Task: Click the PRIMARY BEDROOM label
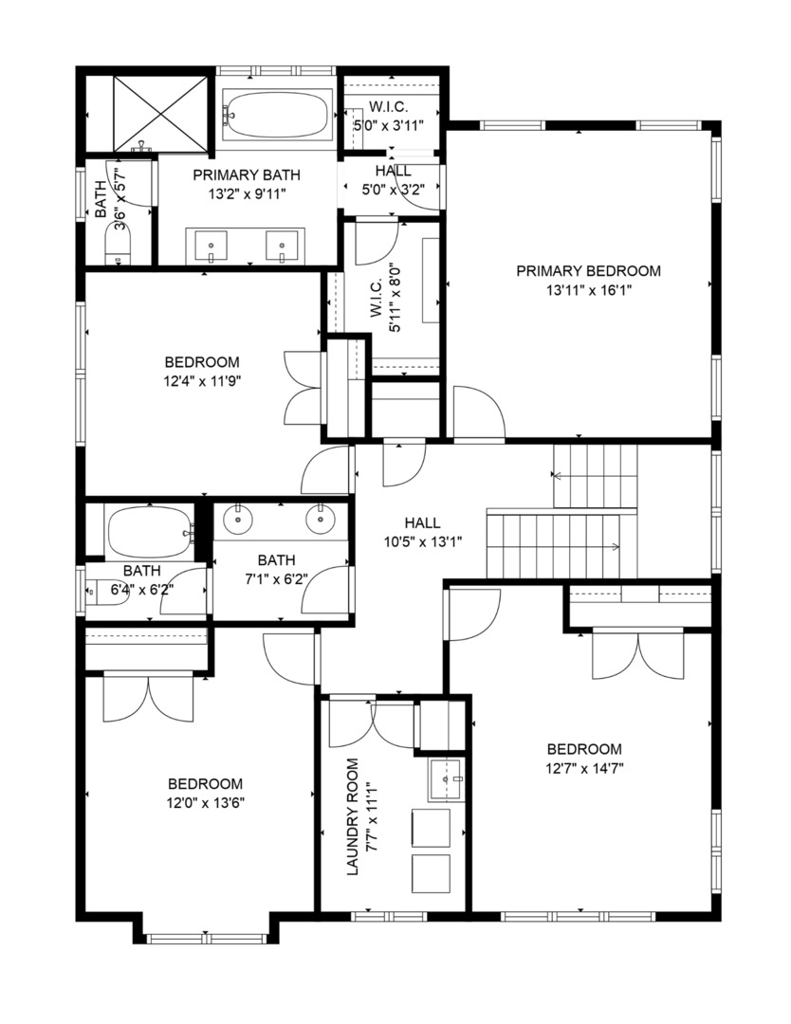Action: point(588,271)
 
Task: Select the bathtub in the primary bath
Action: point(277,115)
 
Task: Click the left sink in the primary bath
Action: point(211,247)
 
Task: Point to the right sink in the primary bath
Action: point(282,247)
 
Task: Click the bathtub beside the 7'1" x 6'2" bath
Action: point(150,533)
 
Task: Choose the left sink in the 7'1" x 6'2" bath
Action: point(236,519)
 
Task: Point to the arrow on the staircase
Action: point(615,547)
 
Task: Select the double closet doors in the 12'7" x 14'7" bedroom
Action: point(638,654)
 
